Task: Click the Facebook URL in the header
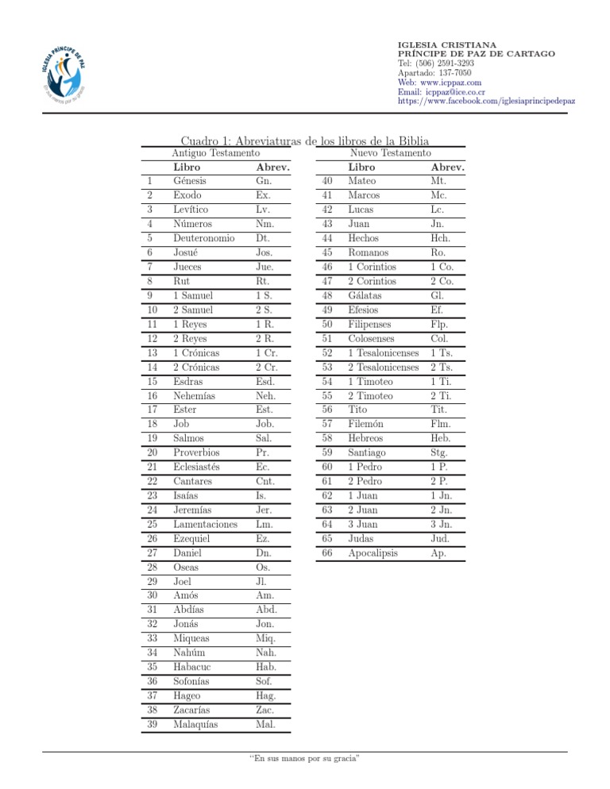pyautogui.click(x=475, y=101)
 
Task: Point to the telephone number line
pyautogui.click(x=435, y=63)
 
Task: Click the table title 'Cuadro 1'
pyautogui.click(x=303, y=137)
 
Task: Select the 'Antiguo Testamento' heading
pyautogui.click(x=216, y=152)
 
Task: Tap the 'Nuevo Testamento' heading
pyautogui.click(x=391, y=152)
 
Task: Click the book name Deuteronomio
pyautogui.click(x=204, y=238)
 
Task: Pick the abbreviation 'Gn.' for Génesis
pyautogui.click(x=265, y=181)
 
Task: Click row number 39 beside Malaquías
pyautogui.click(x=152, y=724)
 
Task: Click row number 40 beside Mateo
pyautogui.click(x=326, y=181)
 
